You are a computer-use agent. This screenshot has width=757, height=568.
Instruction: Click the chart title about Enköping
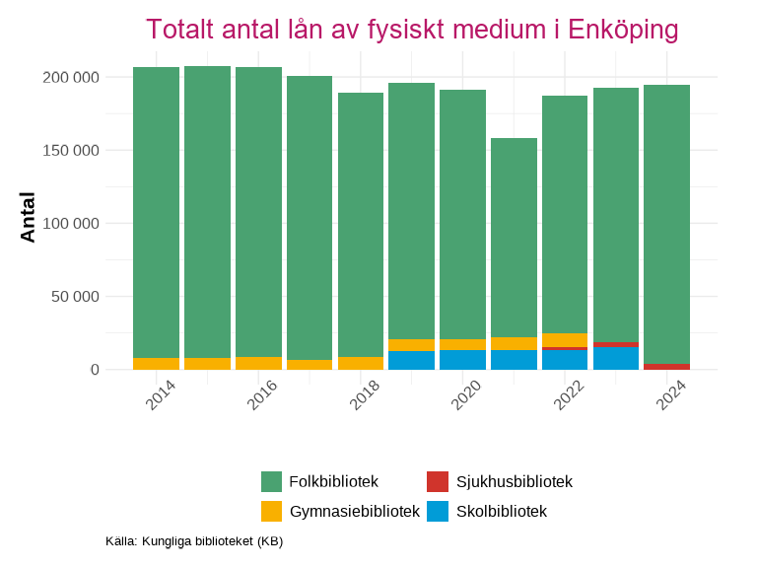point(412,30)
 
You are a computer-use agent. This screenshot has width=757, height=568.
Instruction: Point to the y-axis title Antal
point(28,217)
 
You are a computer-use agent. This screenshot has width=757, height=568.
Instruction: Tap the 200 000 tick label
point(72,77)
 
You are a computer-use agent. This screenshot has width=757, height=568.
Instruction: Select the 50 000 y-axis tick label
point(76,297)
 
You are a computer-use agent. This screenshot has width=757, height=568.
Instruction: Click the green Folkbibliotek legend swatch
point(272,481)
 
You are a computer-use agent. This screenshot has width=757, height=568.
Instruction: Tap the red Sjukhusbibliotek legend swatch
point(438,481)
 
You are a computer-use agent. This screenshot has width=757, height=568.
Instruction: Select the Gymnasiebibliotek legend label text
point(354,511)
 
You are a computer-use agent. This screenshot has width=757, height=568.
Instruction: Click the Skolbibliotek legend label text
point(501,511)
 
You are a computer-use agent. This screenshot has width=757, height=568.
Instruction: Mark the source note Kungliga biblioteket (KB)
point(194,540)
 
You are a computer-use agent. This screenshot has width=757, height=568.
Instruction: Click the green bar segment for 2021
point(514,237)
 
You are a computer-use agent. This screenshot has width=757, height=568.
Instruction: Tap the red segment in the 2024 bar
point(666,367)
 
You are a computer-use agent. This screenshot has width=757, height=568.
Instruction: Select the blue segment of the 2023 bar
point(616,358)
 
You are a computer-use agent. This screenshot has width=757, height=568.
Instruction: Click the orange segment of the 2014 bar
point(156,364)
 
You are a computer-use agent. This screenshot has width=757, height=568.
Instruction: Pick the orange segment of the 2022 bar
point(565,340)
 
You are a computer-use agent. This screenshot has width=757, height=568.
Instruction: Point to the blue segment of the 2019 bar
point(411,360)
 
